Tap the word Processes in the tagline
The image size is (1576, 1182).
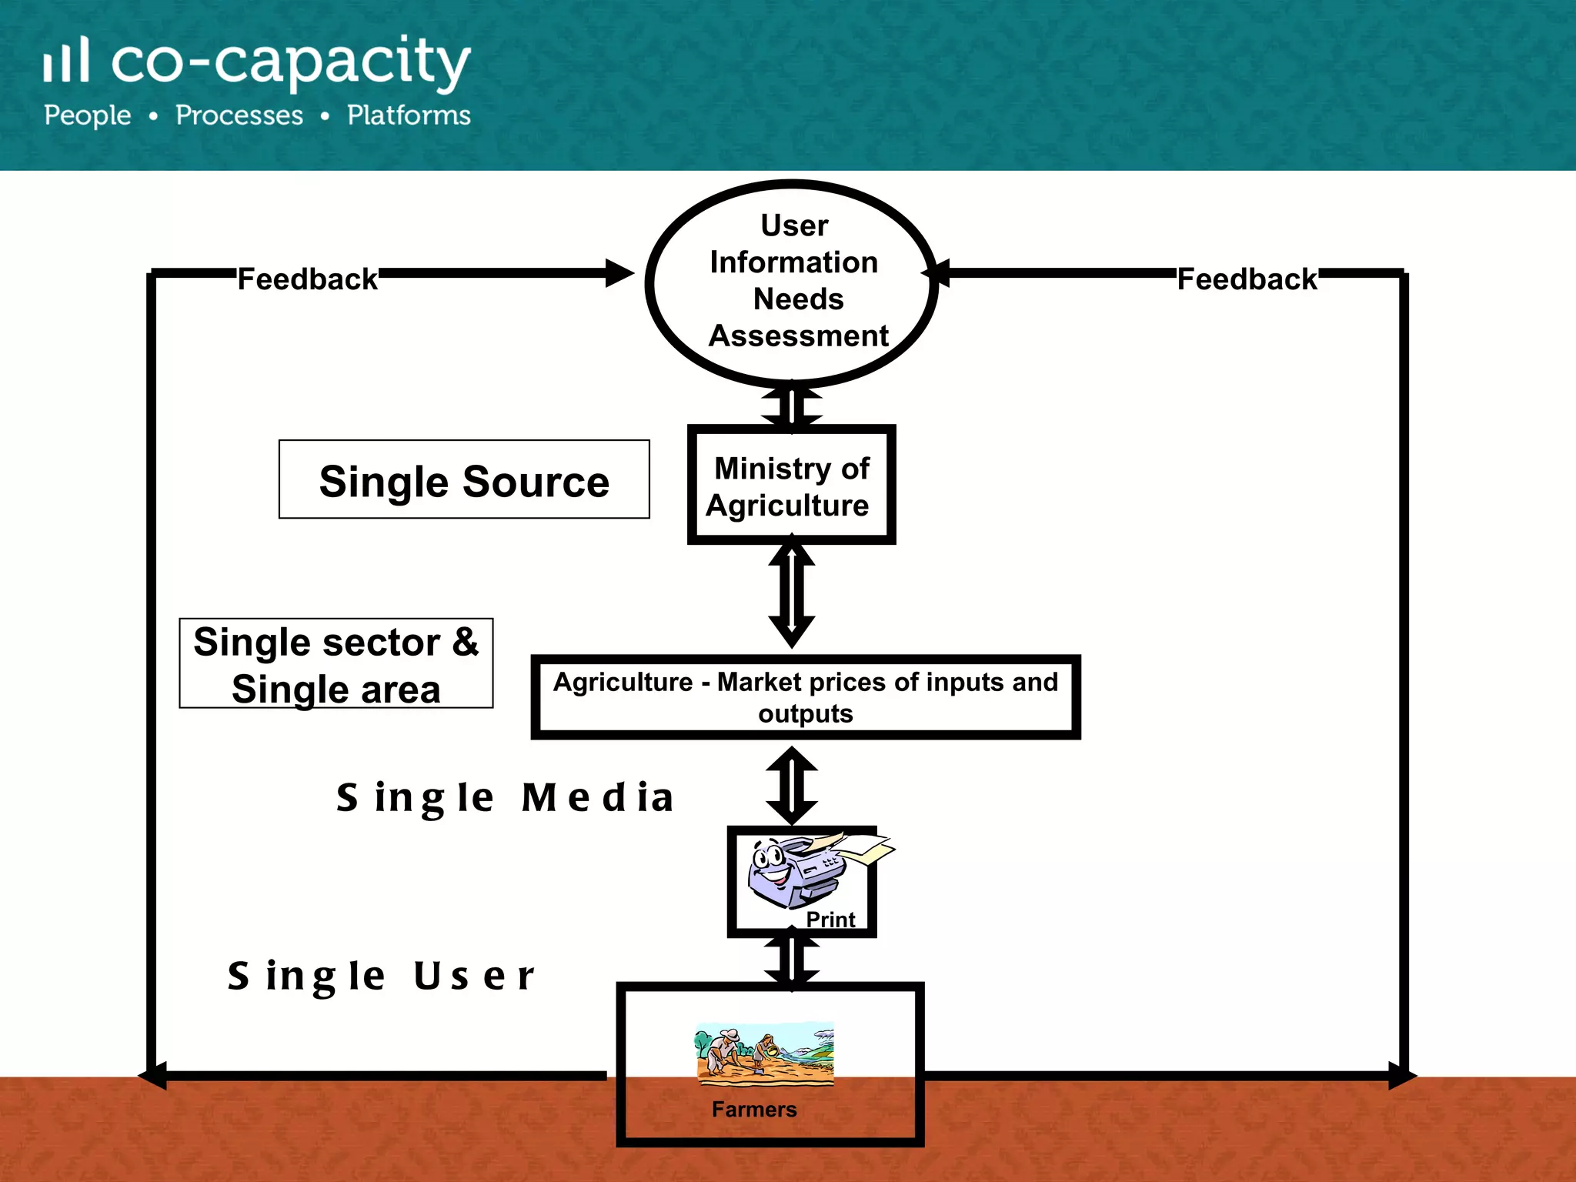tap(239, 115)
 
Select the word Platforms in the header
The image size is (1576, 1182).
tap(409, 115)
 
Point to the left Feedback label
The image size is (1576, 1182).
tap(307, 279)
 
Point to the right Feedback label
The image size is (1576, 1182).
tap(1247, 279)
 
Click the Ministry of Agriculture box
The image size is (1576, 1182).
tap(791, 486)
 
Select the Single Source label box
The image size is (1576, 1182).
tap(464, 480)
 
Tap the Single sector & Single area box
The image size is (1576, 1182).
tap(336, 664)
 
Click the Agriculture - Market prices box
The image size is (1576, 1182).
tap(805, 697)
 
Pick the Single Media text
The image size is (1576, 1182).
tap(505, 797)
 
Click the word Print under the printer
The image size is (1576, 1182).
tap(830, 920)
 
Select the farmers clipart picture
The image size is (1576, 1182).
tap(764, 1053)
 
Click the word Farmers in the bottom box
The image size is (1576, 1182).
tap(754, 1110)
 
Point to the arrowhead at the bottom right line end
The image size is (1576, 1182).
tap(1401, 1075)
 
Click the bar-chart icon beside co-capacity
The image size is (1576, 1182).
tap(67, 60)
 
